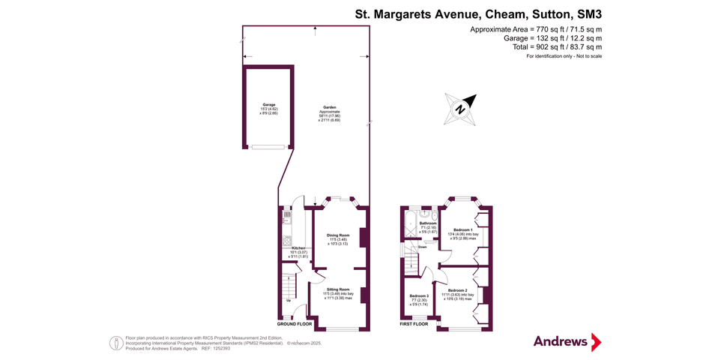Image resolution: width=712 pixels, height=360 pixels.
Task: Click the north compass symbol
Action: tap(462, 108)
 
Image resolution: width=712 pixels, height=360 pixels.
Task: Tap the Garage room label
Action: tap(268, 104)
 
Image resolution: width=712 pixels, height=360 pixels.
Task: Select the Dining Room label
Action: tap(338, 235)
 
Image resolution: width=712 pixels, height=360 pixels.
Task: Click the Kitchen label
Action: tap(298, 247)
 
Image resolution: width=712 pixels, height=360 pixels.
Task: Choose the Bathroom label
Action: tap(428, 223)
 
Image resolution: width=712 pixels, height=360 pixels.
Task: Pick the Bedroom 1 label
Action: tap(462, 229)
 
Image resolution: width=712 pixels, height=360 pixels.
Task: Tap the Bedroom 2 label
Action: tap(458, 289)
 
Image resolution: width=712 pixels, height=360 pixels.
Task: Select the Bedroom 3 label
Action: tap(419, 296)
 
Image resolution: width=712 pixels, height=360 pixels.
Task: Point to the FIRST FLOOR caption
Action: tap(413, 324)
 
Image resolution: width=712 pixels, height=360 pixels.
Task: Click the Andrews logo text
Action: tap(560, 341)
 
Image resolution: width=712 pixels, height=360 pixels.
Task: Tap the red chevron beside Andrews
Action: tap(596, 342)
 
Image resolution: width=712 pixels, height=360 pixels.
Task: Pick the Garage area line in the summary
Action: tap(554, 38)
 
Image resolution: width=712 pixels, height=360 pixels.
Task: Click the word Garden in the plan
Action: tap(330, 107)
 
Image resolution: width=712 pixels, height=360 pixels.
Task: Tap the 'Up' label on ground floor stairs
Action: tap(289, 301)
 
